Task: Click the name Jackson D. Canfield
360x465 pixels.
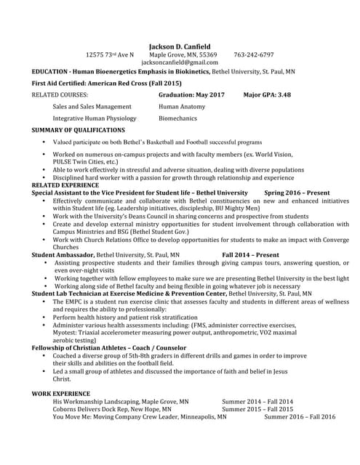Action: click(180, 46)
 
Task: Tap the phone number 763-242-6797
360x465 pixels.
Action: click(254, 54)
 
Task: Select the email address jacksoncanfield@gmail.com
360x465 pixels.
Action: click(180, 63)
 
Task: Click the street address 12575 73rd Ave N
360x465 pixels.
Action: click(110, 54)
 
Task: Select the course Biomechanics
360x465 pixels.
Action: click(177, 118)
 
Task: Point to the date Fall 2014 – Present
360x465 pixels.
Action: click(250, 255)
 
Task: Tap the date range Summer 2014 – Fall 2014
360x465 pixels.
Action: click(257, 401)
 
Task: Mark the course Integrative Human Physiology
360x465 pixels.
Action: click(94, 118)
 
